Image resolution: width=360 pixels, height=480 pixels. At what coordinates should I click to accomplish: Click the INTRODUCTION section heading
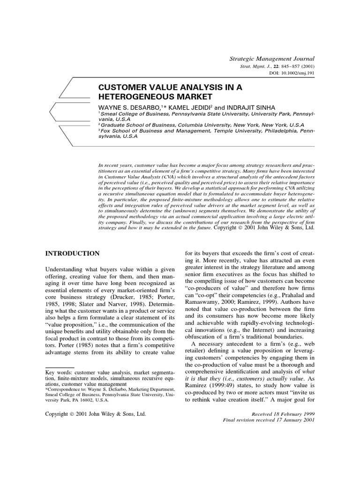(x=72, y=254)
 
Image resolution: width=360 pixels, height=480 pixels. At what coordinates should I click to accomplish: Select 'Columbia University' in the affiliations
(x=205, y=125)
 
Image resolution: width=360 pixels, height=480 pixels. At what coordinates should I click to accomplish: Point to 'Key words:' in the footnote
(x=59, y=359)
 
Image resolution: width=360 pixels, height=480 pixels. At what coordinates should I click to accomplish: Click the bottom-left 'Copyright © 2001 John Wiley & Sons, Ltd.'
(x=96, y=415)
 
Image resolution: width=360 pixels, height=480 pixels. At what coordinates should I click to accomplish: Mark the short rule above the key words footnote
(x=60, y=355)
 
